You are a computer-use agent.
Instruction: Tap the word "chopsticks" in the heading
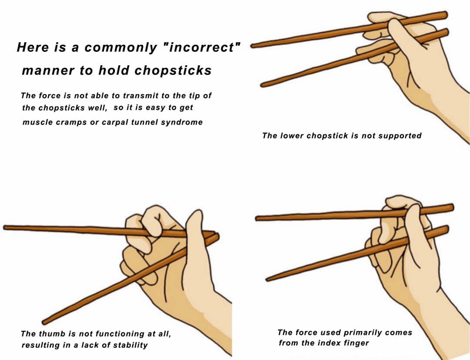(173, 71)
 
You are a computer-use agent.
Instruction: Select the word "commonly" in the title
(121, 48)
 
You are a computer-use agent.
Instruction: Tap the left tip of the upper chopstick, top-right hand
(252, 46)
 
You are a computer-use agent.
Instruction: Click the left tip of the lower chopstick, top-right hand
(262, 85)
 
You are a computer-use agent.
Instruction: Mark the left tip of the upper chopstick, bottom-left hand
(5, 228)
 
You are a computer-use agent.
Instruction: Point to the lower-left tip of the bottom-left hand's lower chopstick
(44, 323)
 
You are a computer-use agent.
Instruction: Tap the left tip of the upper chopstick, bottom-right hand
(257, 219)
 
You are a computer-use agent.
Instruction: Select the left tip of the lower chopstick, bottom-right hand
(267, 279)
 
